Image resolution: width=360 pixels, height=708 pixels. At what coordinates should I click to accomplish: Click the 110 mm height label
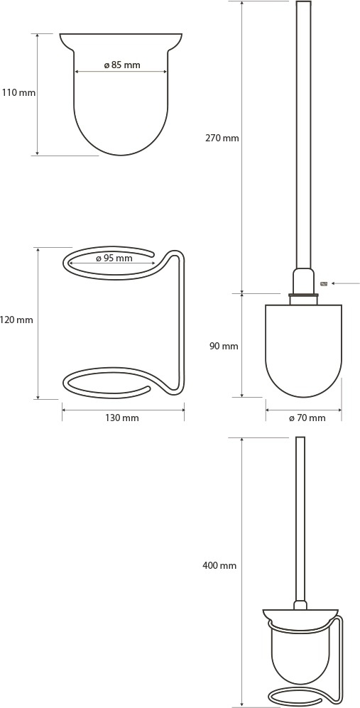coord(18,94)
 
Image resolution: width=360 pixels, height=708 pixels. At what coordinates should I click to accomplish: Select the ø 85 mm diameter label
coord(122,65)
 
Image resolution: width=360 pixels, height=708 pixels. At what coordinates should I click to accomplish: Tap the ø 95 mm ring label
coord(114,258)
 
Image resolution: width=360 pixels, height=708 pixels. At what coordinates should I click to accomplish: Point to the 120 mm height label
coord(17,320)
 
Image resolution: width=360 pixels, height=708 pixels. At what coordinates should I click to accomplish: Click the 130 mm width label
coord(122,418)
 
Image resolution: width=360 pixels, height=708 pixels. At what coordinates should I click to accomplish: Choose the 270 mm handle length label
coord(222,138)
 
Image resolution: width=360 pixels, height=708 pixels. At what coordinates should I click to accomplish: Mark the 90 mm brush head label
coord(224,347)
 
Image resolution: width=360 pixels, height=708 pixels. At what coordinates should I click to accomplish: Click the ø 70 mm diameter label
coord(307,418)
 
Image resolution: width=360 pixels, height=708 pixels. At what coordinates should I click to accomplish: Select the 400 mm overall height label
coord(219,565)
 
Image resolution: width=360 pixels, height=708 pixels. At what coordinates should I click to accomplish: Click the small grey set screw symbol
coord(323,283)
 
